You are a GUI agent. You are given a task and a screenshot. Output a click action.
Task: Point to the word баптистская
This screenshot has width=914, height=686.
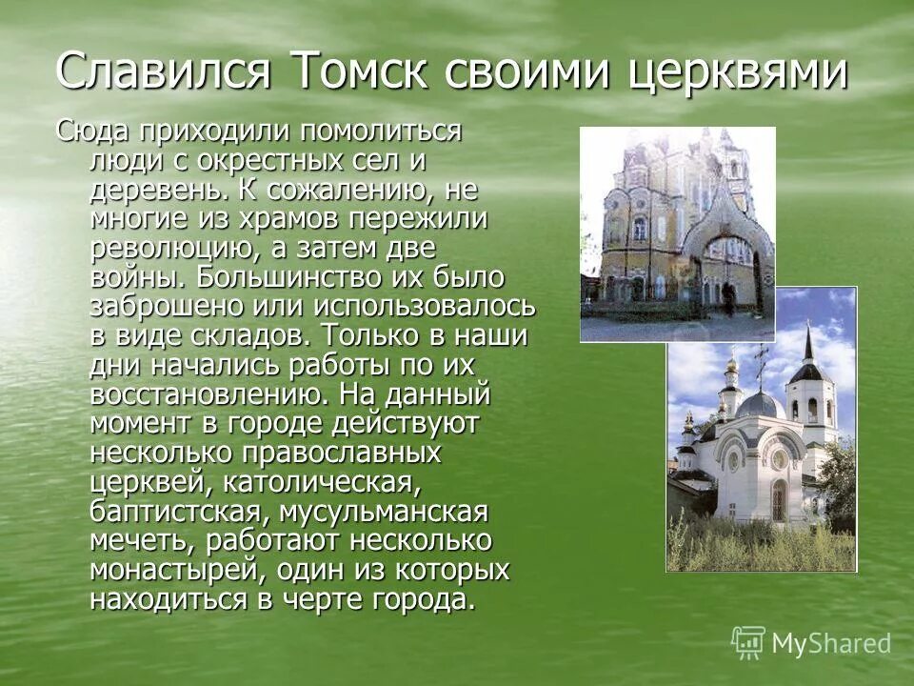(175, 513)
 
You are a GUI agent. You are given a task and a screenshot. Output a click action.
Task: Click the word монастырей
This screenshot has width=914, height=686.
(175, 571)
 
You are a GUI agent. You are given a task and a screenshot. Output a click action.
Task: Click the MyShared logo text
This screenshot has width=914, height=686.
(830, 643)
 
